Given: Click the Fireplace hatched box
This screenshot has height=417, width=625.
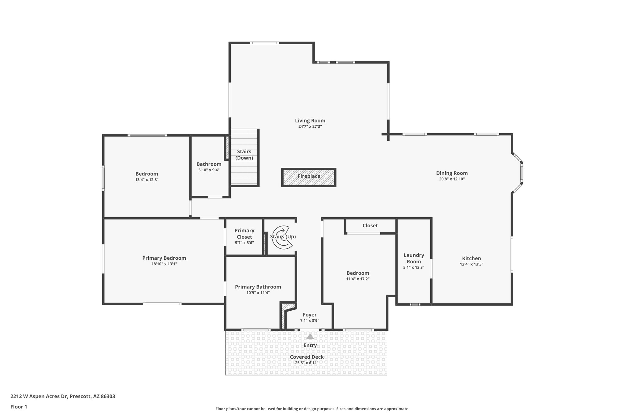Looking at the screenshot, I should [309, 177].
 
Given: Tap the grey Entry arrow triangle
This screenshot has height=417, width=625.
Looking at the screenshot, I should [310, 336].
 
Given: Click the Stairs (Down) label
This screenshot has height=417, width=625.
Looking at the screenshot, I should [244, 155].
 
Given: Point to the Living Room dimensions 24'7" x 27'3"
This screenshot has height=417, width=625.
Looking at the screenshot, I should [310, 126].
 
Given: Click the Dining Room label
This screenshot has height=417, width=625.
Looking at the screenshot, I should [452, 173].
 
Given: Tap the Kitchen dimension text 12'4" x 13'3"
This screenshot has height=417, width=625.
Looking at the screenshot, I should [471, 265].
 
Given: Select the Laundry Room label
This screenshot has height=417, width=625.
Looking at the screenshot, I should [414, 258].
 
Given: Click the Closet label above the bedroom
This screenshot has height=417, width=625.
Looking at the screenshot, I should [370, 225].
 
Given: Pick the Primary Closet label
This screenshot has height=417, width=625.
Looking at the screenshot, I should [244, 234].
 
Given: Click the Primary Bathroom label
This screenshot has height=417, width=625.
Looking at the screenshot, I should [258, 287].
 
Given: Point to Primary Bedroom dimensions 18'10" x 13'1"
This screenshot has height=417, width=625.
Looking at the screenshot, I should [164, 264].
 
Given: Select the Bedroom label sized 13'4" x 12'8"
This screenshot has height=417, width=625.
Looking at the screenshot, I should [147, 174].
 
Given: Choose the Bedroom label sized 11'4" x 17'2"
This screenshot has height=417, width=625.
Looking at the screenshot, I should [358, 273].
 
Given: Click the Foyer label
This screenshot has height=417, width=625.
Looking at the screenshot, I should [309, 315].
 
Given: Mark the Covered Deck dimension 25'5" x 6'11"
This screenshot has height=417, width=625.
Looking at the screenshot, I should [307, 363].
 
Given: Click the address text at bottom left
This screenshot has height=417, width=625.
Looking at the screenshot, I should [63, 396].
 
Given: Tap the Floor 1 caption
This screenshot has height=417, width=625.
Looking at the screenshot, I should [19, 407].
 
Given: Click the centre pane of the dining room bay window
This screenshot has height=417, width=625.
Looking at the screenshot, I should [522, 173].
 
